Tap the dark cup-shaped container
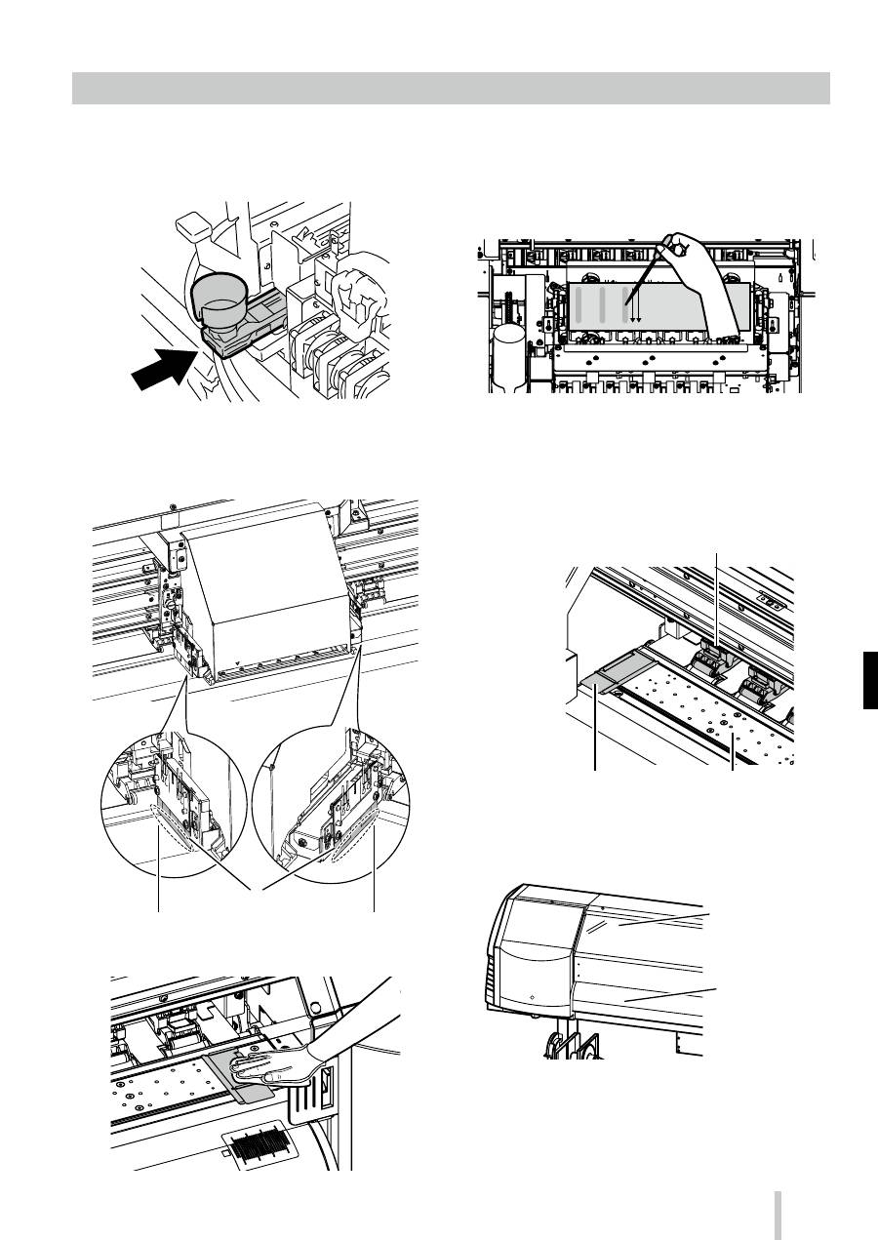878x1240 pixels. (217, 299)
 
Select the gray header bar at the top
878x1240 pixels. (451, 88)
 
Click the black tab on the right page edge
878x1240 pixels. (870, 682)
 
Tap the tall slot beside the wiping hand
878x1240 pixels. (325, 1083)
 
